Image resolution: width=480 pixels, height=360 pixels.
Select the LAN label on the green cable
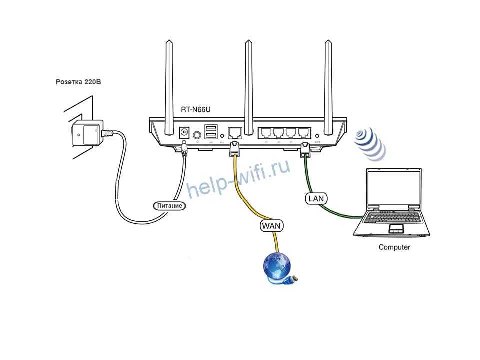point(316,198)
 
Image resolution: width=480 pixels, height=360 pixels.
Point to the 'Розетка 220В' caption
point(78,81)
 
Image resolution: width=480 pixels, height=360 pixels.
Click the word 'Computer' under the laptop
point(394,247)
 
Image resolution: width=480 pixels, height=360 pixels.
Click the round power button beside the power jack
point(198,134)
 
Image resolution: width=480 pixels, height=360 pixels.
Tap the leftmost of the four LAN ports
point(265,134)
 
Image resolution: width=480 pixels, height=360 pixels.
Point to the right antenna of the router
point(328,85)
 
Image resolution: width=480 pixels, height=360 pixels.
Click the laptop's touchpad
point(396,229)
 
